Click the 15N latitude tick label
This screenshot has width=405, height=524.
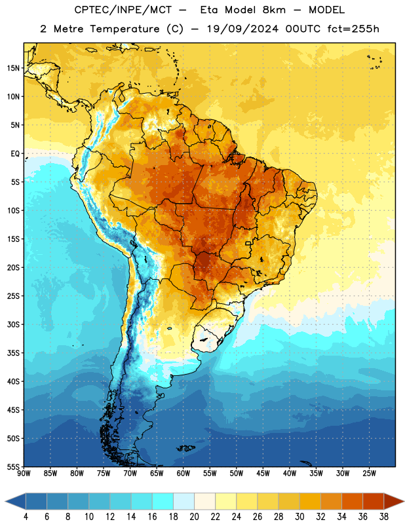coord(13,68)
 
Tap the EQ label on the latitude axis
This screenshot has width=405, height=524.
coord(15,154)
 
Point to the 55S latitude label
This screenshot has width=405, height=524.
coord(13,466)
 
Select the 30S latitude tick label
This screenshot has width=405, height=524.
coord(13,324)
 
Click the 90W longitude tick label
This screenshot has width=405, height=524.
coord(24,474)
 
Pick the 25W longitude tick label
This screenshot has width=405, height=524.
coord(369,474)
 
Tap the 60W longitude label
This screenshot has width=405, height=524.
coord(183,474)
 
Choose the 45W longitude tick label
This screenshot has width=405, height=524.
coord(263,474)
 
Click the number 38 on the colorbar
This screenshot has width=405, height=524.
coord(383,517)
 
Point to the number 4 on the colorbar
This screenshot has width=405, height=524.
coord(26,517)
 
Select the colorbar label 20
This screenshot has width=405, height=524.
coord(194,517)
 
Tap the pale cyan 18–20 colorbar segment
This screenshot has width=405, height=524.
coord(183,501)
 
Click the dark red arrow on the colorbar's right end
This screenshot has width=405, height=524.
coord(393,501)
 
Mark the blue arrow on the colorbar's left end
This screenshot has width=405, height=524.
coord(16,501)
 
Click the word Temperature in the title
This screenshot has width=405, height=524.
coord(125,29)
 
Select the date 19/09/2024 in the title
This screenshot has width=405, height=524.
coord(242,29)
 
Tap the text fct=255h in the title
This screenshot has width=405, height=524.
coord(353,29)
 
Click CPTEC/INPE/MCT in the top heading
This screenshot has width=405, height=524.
coord(123,10)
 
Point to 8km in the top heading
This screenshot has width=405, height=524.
coord(274,10)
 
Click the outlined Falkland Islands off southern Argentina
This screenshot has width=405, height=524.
coord(185,448)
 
